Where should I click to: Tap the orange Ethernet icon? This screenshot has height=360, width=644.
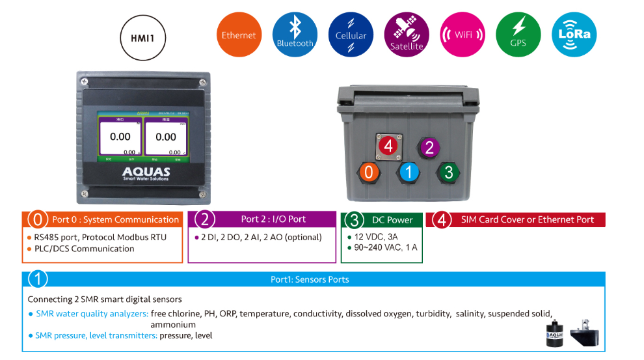tap(239, 35)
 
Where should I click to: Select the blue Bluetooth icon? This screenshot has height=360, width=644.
tap(295, 35)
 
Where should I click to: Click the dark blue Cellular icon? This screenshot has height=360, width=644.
tap(351, 35)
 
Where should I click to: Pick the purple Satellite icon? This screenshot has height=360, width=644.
tap(407, 35)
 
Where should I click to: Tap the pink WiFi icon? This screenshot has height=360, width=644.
tap(463, 35)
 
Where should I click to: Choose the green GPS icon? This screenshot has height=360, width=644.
tap(518, 35)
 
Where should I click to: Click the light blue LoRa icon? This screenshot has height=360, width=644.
tap(574, 35)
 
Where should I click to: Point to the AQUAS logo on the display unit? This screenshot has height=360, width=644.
tap(146, 173)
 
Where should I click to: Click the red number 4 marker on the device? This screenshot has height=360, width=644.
tap(388, 145)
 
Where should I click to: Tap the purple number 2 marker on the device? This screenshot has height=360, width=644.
tap(429, 148)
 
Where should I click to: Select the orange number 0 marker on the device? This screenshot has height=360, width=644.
tap(368, 173)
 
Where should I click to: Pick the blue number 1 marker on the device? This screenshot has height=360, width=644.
tap(409, 173)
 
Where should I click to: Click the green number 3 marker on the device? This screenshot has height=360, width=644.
tap(448, 173)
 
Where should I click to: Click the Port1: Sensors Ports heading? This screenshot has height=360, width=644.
tap(310, 279)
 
